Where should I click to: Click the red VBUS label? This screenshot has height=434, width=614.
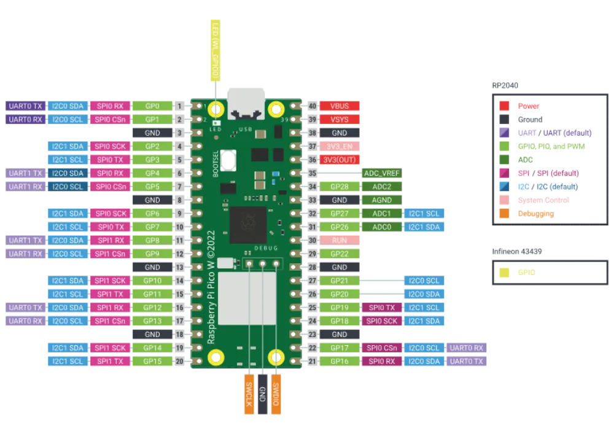point(340,106)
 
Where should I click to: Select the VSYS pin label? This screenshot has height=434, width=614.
point(340,120)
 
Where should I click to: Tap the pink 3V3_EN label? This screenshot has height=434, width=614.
point(340,147)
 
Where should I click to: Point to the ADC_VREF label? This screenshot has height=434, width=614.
point(382,173)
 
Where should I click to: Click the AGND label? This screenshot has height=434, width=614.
point(382,200)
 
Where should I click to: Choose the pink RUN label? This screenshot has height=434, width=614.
point(340,241)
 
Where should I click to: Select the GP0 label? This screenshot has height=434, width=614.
point(152,106)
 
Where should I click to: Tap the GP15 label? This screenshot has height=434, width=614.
point(152,362)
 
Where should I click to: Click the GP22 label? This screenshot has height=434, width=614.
point(340,254)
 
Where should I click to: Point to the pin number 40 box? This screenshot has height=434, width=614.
point(312,106)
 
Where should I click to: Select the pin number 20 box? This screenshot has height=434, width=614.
point(180,362)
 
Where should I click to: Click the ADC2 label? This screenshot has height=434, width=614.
point(382,187)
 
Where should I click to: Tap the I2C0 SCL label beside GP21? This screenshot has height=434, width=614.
point(424,281)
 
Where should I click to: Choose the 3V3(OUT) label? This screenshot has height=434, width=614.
point(340,160)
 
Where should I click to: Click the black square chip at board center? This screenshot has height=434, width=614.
point(248,223)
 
